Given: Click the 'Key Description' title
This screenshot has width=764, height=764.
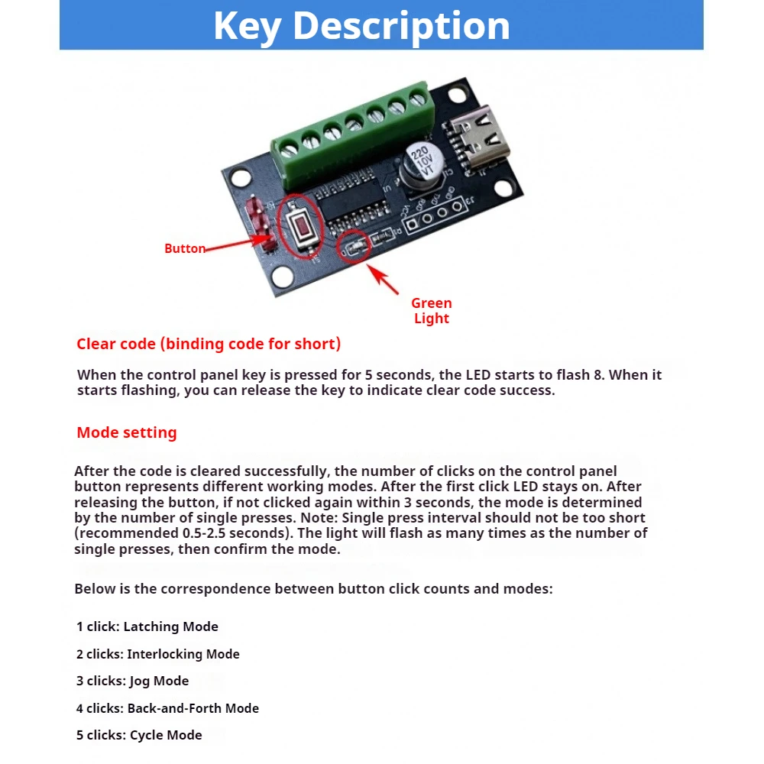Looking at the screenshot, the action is pyautogui.click(x=361, y=26).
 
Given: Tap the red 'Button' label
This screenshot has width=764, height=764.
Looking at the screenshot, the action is pyautogui.click(x=185, y=248).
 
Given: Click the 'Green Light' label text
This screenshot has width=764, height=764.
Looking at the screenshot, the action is pyautogui.click(x=431, y=310).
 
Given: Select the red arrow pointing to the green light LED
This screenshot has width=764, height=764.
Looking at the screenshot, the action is pyautogui.click(x=383, y=280).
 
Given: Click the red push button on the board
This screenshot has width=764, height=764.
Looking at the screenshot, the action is pyautogui.click(x=301, y=227).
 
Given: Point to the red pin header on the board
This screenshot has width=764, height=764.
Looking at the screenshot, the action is pyautogui.click(x=261, y=224).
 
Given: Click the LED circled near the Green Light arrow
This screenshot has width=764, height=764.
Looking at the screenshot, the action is pyautogui.click(x=355, y=248).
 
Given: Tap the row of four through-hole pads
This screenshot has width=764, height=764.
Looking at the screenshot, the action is pyautogui.click(x=435, y=215).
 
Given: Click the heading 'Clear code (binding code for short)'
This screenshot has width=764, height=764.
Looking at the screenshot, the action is pyautogui.click(x=209, y=344).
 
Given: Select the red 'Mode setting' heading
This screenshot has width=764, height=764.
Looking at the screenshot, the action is pyautogui.click(x=127, y=432).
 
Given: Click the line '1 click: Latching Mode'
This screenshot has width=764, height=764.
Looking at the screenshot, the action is pyautogui.click(x=147, y=626).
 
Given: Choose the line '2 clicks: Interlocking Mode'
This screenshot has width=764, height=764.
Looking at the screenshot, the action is pyautogui.click(x=158, y=654).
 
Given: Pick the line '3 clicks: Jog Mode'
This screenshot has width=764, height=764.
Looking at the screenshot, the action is pyautogui.click(x=132, y=681).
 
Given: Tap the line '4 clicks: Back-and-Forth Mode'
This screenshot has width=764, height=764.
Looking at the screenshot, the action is pyautogui.click(x=167, y=708).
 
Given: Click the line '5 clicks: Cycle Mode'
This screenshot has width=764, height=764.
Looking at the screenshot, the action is pyautogui.click(x=139, y=735).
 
